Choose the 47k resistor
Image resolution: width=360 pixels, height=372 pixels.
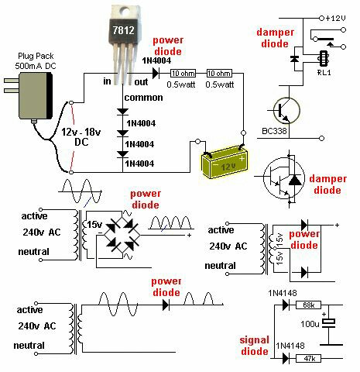click(x=308, y=359)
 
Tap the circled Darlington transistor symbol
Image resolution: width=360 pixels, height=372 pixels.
click(x=286, y=179)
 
